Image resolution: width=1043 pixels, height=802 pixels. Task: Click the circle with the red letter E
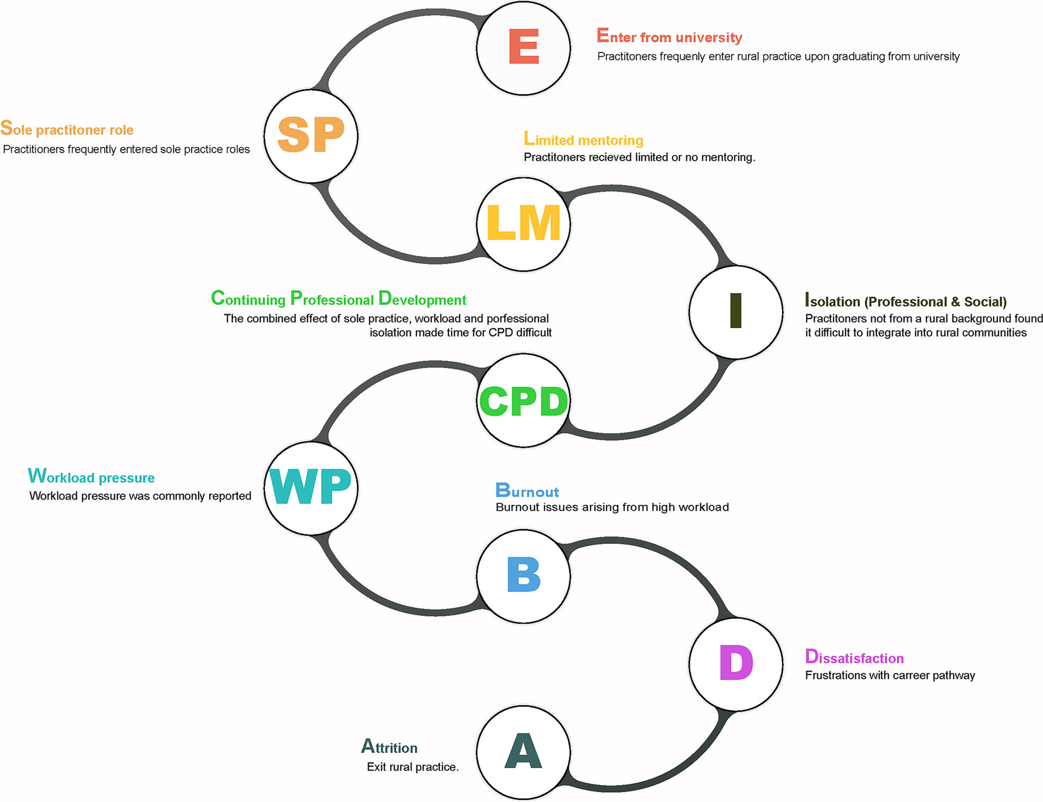(523, 48)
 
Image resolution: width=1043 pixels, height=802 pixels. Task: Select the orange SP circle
(311, 136)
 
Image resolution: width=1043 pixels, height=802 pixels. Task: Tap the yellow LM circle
(523, 224)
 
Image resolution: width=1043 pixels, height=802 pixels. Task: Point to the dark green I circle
(736, 312)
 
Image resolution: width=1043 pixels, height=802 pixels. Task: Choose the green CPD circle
(523, 400)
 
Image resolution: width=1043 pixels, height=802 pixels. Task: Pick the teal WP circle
(311, 488)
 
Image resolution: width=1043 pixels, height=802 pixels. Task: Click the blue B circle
(523, 576)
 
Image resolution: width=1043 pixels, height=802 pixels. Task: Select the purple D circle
(736, 664)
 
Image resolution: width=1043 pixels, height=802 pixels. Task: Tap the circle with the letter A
(523, 752)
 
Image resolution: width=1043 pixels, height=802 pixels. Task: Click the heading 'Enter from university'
(669, 36)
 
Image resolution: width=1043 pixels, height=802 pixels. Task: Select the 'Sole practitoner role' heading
(67, 129)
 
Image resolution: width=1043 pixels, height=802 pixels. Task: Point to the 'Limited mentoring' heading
(583, 139)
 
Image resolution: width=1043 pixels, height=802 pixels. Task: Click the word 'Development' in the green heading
(422, 299)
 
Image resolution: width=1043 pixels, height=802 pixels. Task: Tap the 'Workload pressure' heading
(91, 477)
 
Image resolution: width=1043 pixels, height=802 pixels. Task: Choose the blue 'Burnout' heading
(527, 491)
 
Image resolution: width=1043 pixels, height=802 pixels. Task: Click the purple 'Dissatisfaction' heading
(854, 657)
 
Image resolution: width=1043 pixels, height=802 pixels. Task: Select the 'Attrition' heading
(389, 747)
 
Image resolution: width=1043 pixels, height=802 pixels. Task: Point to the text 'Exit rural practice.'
(413, 767)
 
